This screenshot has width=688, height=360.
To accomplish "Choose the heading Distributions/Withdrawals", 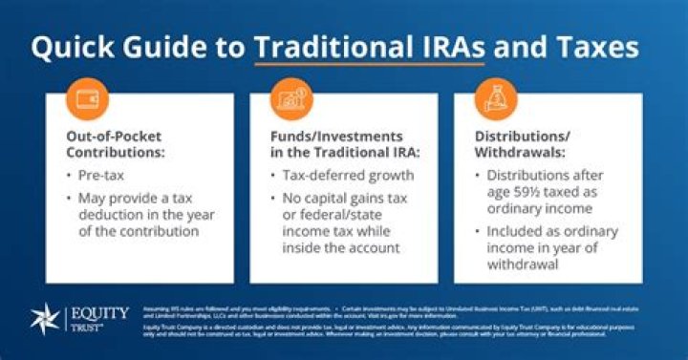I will pos(524,144).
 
